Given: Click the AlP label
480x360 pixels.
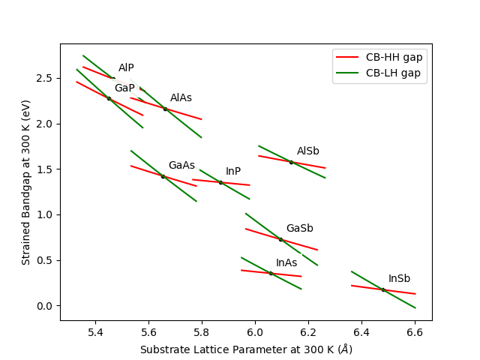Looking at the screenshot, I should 126,68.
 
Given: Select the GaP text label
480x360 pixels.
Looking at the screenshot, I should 124,88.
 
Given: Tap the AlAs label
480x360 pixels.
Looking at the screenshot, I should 181,98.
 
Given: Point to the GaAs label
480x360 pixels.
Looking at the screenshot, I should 181,166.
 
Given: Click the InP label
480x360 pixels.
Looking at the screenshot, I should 233,172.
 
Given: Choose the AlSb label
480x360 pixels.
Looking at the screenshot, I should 307,151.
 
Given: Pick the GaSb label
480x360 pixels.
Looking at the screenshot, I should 299,229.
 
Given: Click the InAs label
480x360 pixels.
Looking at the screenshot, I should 286,263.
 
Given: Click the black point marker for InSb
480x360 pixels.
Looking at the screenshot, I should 383,290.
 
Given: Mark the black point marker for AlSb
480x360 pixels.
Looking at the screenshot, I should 291,162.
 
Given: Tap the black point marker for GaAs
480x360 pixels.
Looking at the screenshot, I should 163,176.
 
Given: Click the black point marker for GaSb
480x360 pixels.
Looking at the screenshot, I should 280,239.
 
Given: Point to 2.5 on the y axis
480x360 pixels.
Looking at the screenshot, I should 42,78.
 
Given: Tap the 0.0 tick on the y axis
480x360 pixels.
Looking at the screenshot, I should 42,306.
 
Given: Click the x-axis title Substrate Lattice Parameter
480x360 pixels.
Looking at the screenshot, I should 246,349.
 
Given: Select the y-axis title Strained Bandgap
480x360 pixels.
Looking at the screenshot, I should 26,181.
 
